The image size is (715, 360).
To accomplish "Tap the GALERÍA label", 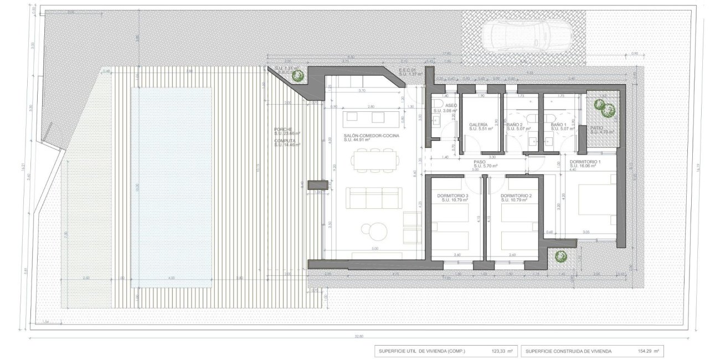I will (x=477, y=125).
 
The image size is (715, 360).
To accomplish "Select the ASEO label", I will (x=451, y=105).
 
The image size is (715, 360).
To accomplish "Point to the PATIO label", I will (x=596, y=128).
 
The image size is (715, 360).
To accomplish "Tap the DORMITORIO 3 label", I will (x=452, y=196).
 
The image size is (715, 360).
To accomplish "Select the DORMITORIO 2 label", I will (x=516, y=196).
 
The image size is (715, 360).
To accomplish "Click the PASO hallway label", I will (x=479, y=162).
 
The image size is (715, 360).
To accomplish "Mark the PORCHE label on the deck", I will (x=282, y=130).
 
